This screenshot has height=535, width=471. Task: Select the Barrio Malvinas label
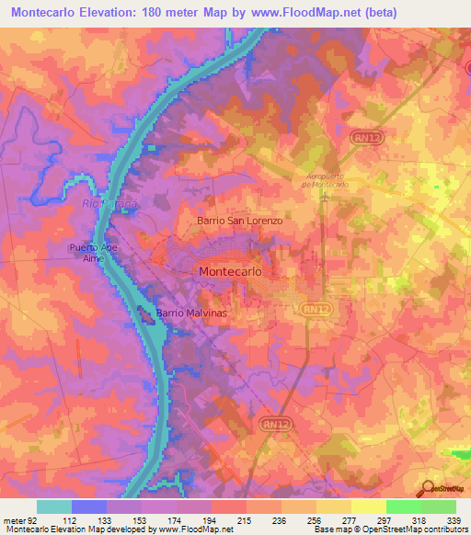[x=190, y=313]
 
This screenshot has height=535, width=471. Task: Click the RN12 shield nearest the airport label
[x=362, y=136]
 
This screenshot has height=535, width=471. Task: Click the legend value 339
[x=454, y=520]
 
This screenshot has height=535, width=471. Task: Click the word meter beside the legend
[x=12, y=520]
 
